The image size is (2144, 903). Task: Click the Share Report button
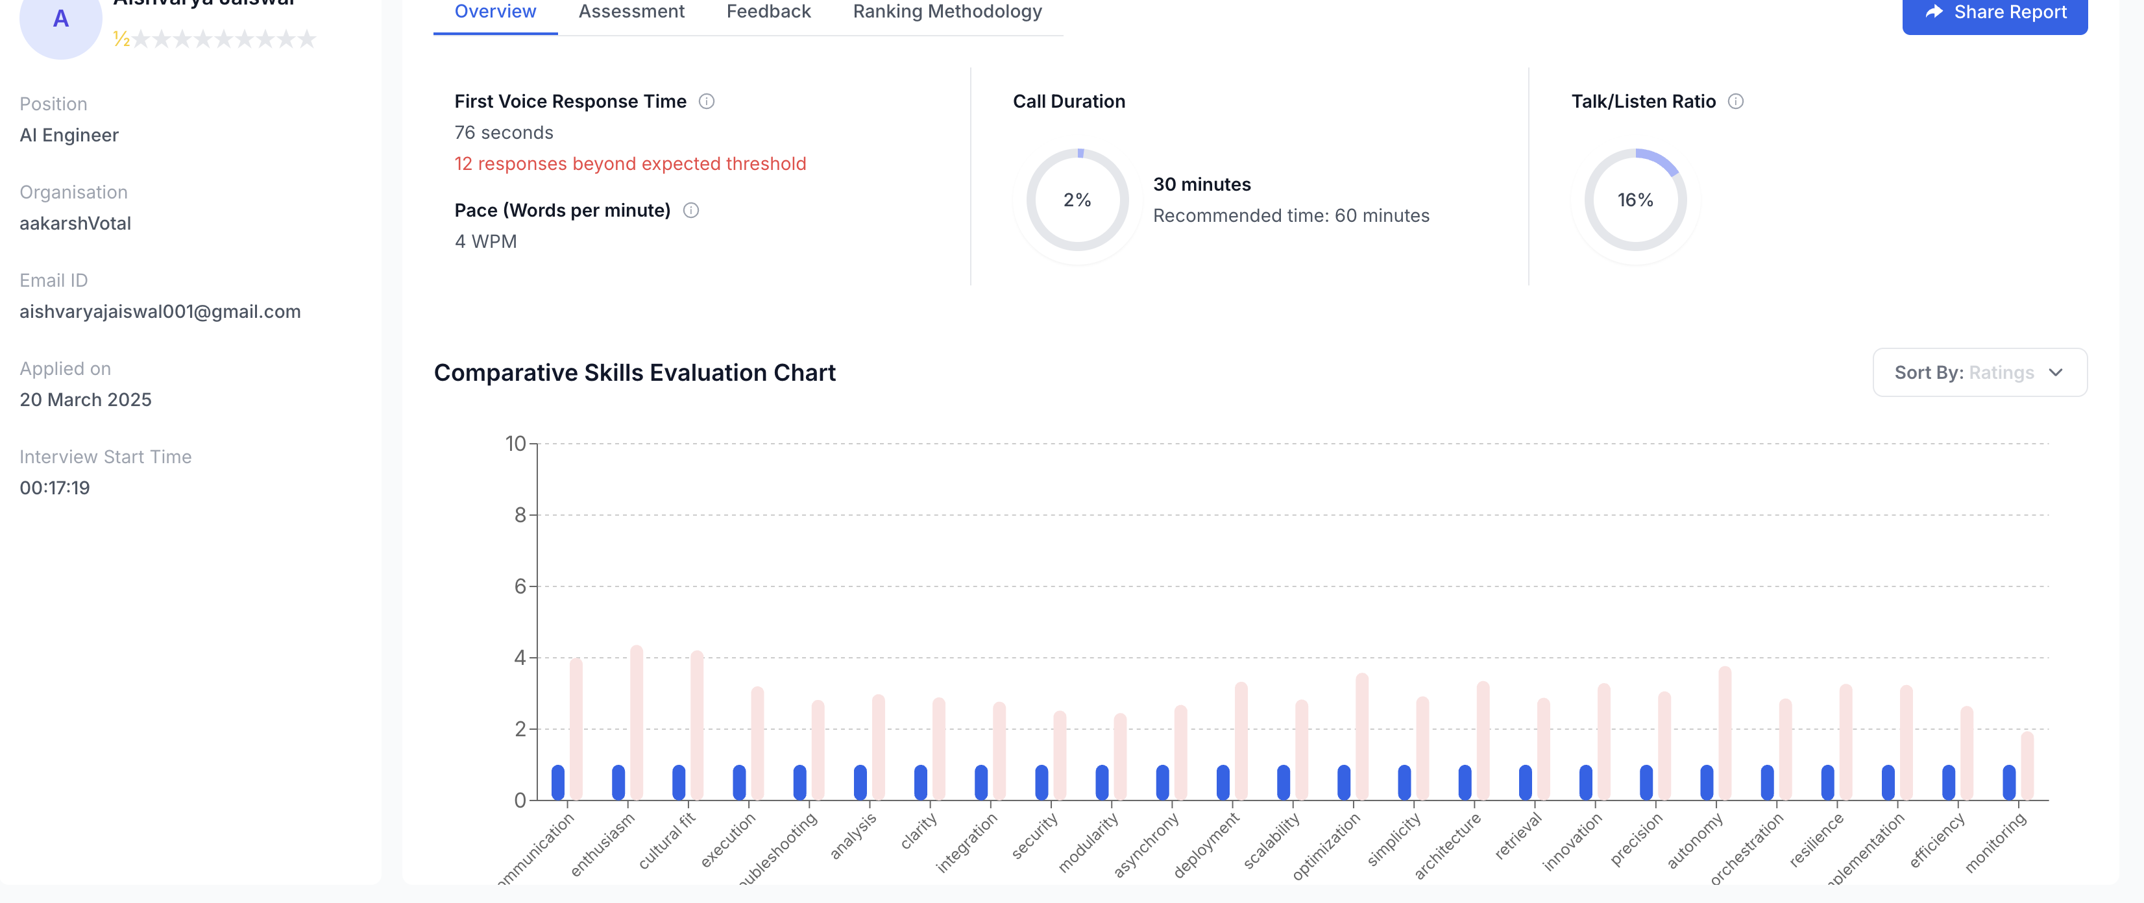click(1994, 12)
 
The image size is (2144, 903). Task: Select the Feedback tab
click(768, 12)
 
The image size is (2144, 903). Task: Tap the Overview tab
click(494, 12)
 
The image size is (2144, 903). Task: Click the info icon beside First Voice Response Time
click(706, 102)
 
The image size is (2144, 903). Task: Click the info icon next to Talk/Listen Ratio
click(1735, 102)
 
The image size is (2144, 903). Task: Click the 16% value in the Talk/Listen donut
click(1635, 200)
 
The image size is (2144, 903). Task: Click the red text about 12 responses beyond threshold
click(629, 164)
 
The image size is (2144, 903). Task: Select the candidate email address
click(160, 311)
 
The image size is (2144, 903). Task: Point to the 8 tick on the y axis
click(520, 515)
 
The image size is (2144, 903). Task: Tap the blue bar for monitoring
click(2008, 782)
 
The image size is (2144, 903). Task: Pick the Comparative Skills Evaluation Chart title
click(634, 373)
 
